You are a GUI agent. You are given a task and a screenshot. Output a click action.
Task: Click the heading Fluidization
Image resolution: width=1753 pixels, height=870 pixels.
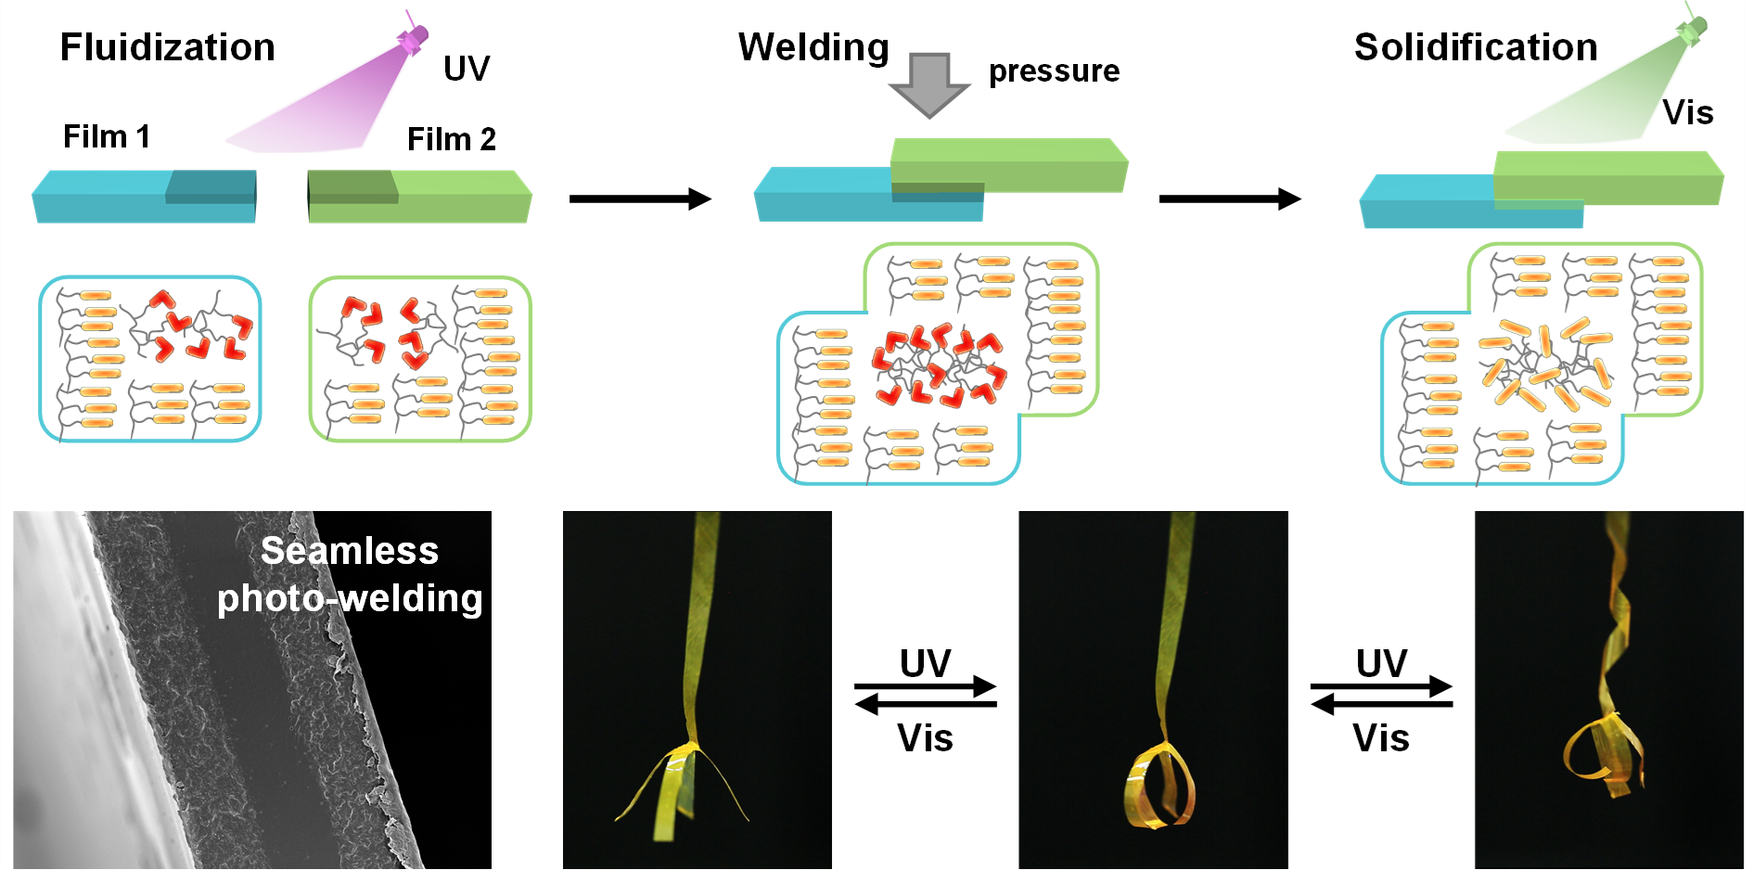click(168, 47)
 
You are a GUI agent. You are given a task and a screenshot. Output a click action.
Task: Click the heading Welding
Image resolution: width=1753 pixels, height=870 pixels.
click(813, 47)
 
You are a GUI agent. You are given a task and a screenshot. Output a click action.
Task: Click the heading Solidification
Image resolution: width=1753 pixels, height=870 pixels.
click(1476, 47)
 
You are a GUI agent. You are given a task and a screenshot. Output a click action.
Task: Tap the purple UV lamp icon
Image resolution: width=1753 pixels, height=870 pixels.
click(413, 37)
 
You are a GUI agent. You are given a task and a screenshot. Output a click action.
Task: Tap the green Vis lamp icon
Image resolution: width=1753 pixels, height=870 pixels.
click(1692, 30)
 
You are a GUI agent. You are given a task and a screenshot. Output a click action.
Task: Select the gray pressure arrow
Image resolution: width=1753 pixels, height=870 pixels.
click(929, 84)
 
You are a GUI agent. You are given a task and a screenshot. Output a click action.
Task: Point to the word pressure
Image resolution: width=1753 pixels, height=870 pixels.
click(1054, 71)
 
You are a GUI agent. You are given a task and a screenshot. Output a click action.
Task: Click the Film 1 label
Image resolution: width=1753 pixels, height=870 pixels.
click(107, 136)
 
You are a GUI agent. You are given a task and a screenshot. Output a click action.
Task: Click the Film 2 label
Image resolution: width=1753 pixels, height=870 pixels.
click(452, 139)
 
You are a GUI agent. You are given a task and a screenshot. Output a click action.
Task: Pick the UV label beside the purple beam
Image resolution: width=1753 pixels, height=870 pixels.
click(467, 69)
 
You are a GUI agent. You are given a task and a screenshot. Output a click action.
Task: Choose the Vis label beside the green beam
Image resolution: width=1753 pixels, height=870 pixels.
click(1688, 113)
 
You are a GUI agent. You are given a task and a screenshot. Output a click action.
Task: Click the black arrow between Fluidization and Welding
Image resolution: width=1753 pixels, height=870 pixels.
click(640, 198)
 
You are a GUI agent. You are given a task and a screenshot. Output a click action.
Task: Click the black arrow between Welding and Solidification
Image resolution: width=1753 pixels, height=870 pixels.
click(1230, 198)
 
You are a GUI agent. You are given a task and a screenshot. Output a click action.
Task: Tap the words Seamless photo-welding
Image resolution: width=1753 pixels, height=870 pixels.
click(350, 575)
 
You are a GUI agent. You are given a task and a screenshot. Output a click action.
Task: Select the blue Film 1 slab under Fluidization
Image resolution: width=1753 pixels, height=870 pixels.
click(144, 196)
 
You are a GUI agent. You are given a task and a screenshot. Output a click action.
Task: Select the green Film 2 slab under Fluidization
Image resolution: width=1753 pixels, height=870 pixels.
click(419, 196)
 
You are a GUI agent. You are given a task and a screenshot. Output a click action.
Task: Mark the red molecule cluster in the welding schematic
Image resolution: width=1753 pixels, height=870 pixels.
click(939, 366)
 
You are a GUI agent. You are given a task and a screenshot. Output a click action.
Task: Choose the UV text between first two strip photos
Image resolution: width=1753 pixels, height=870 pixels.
click(926, 663)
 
